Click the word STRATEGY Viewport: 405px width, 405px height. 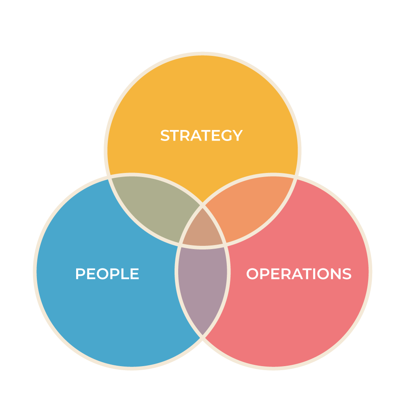tap(201, 136)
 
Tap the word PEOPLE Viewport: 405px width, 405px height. tap(107, 274)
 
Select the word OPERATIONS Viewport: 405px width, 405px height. tap(298, 274)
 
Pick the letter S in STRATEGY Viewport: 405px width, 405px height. tap(166, 136)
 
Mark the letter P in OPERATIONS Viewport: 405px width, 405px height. tap(263, 274)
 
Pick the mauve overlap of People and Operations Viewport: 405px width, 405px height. tap(202, 283)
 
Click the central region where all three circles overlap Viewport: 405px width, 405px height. tap(202, 229)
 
